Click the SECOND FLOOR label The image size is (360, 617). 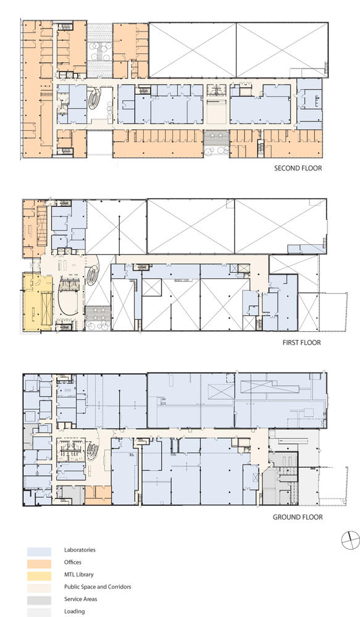(x=298, y=168)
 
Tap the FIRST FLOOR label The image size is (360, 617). (x=302, y=342)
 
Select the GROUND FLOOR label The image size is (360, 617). (x=298, y=517)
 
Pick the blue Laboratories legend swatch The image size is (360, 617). (x=39, y=551)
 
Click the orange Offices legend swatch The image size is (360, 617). (x=39, y=563)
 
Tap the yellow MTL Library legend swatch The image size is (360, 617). (x=39, y=576)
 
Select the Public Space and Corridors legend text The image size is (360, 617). (x=98, y=587)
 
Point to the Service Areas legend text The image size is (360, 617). (x=81, y=599)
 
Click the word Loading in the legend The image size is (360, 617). (x=75, y=611)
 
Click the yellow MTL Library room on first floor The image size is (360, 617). (x=37, y=303)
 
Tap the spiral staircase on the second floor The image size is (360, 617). (x=94, y=99)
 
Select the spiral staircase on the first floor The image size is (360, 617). (x=93, y=275)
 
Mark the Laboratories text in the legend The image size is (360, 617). (x=80, y=550)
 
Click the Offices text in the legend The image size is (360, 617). (x=73, y=562)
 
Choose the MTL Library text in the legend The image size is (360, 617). (x=79, y=574)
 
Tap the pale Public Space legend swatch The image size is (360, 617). (x=39, y=588)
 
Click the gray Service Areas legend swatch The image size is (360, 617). (x=39, y=600)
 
